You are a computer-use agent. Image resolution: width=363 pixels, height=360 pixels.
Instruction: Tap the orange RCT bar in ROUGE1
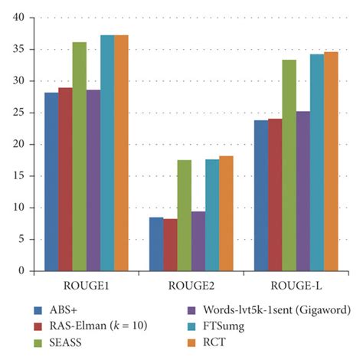(121, 152)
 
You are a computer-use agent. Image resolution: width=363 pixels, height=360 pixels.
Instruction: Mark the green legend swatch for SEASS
(38, 342)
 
